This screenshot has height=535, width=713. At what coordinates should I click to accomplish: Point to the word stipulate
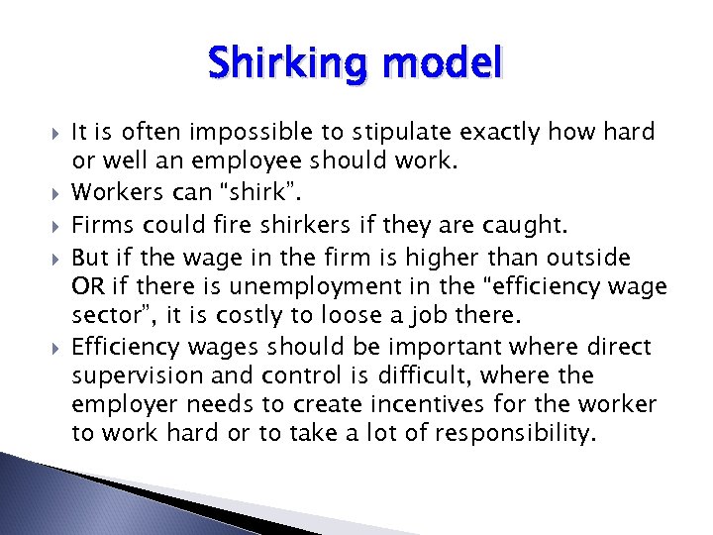point(404,133)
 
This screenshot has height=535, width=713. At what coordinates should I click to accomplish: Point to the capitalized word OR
point(86,287)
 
